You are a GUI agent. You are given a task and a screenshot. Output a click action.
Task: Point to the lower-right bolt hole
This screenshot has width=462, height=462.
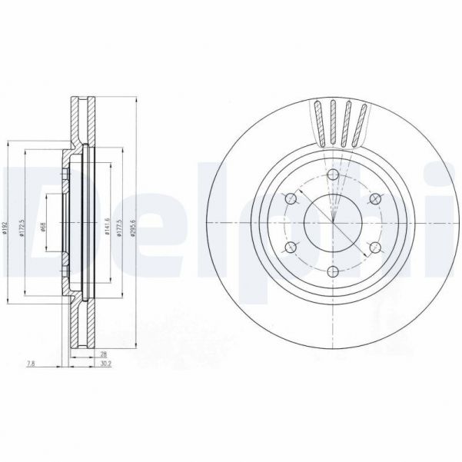pos(374,248)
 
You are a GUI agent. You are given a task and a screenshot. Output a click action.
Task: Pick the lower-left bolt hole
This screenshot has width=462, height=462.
pos(291,248)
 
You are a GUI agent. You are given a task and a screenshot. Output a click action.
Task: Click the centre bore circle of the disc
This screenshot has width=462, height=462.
pos(332,224)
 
